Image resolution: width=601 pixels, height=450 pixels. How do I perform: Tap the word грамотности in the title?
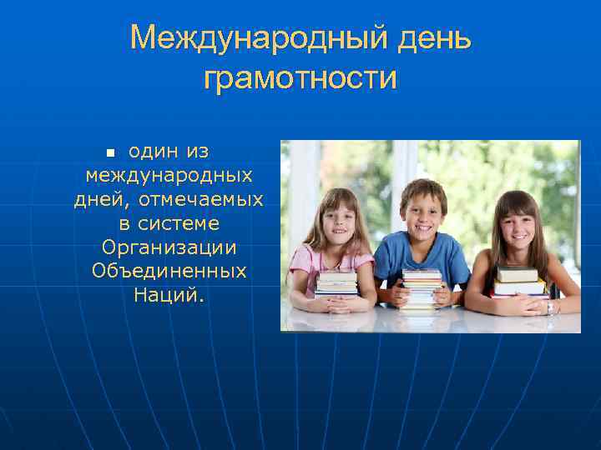[300, 78]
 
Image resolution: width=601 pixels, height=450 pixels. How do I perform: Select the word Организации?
[169, 247]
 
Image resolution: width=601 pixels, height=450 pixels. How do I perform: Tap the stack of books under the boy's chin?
[422, 288]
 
